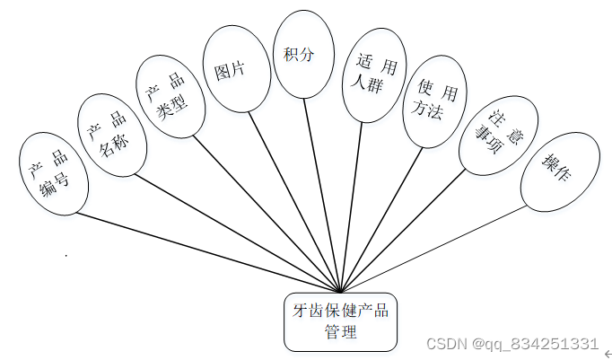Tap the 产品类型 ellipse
(169, 93)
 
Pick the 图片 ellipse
(236, 68)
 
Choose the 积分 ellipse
(304, 54)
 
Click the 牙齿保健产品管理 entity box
(341, 321)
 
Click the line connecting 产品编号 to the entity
(206, 252)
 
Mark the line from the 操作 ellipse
(431, 250)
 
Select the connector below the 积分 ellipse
(322, 193)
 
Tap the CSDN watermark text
(511, 344)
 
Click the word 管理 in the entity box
(341, 332)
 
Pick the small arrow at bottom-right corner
(607, 356)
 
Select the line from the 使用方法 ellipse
(381, 219)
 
